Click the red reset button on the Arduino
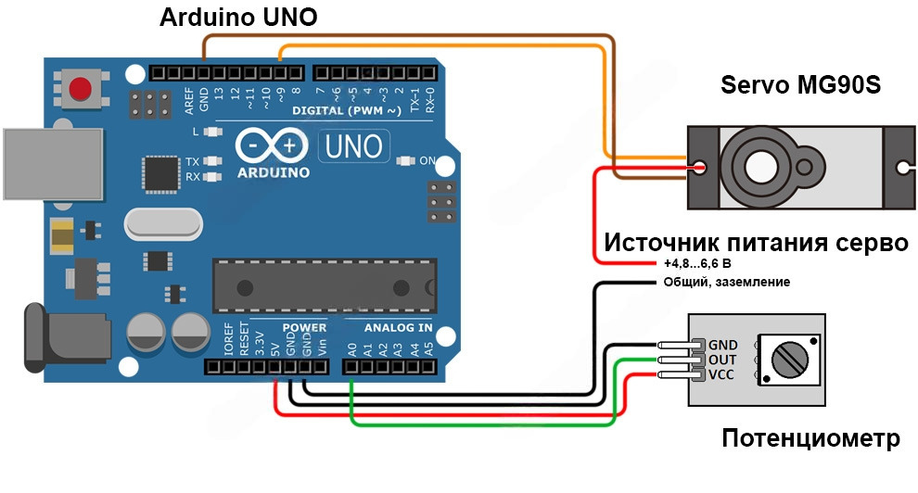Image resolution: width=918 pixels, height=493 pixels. click(82, 90)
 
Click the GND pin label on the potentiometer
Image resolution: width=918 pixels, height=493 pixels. click(722, 345)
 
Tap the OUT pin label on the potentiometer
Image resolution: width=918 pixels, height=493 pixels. click(722, 360)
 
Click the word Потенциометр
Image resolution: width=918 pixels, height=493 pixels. click(810, 437)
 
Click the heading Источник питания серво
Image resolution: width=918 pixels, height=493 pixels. click(756, 243)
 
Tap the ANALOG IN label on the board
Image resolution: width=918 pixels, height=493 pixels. click(398, 327)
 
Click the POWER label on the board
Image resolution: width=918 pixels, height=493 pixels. click(304, 327)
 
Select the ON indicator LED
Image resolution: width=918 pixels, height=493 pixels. click(404, 160)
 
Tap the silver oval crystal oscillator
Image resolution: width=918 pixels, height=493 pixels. click(162, 223)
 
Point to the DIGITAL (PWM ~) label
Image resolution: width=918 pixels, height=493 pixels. click(346, 110)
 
